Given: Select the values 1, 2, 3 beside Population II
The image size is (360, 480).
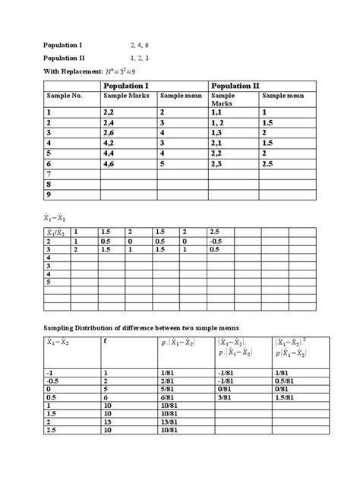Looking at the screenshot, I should coord(141,58).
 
